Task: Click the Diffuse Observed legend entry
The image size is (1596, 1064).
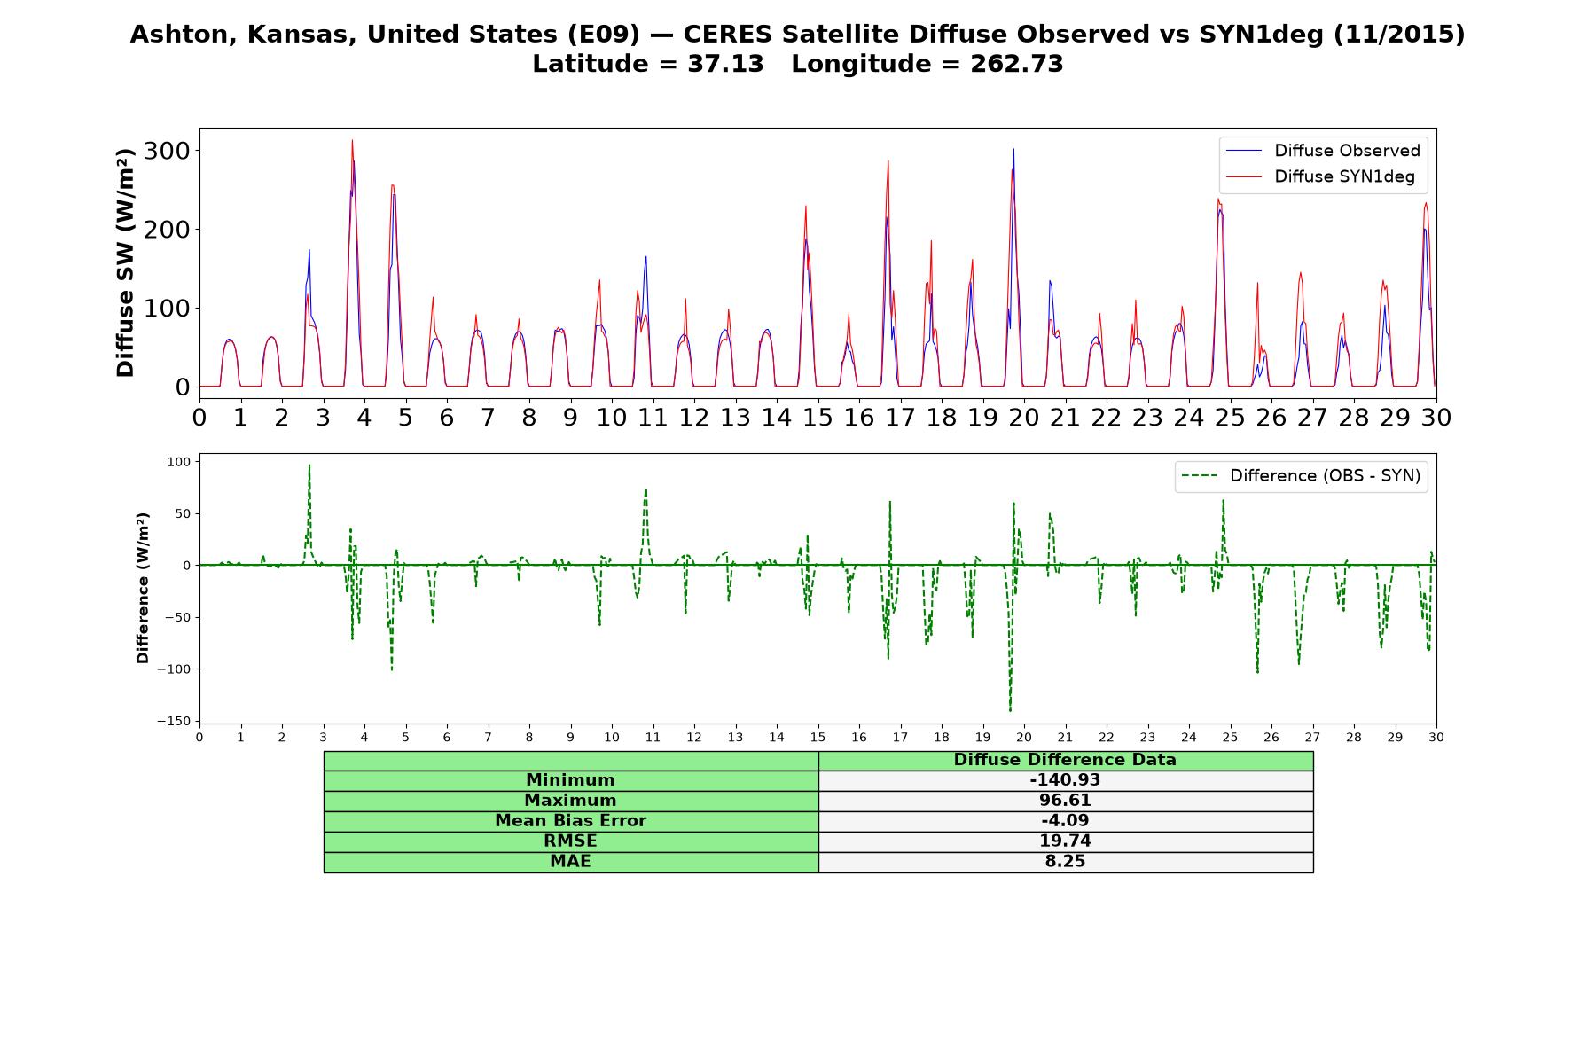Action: click(1322, 151)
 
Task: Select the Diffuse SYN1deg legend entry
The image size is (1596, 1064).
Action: click(1320, 176)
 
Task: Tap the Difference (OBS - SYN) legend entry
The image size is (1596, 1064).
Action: click(1301, 476)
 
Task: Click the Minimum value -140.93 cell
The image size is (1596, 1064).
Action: click(1065, 780)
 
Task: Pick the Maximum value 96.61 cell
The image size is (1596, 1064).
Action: click(1065, 801)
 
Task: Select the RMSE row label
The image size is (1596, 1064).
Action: click(570, 841)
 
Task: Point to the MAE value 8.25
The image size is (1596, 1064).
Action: click(1065, 861)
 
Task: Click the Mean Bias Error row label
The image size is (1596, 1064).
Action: click(570, 820)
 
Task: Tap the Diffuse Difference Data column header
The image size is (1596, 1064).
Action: click(1065, 760)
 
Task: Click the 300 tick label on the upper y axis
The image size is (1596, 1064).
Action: click(168, 151)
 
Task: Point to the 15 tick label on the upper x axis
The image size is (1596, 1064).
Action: click(818, 418)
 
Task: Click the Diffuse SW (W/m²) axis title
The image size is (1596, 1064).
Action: click(126, 262)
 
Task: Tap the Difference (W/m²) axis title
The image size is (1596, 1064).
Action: click(143, 588)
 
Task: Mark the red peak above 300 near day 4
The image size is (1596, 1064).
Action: click(352, 140)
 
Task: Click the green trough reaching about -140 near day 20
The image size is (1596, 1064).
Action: click(1010, 710)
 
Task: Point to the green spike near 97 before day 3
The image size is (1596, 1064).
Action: click(309, 465)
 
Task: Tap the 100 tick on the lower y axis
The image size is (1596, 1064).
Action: click(179, 461)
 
